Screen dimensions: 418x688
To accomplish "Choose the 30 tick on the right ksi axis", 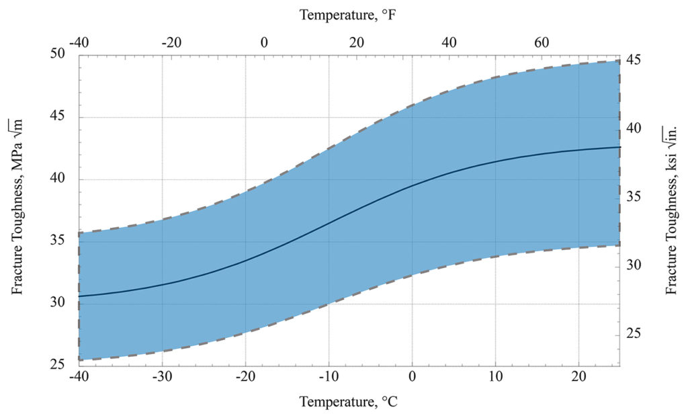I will tap(634, 265).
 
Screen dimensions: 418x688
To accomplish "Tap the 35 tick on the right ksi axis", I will tap(634, 197).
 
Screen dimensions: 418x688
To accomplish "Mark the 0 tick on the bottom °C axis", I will tap(412, 377).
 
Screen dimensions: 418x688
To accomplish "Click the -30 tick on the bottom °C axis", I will tap(163, 377).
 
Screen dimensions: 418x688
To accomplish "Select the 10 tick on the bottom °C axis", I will tap(495, 377).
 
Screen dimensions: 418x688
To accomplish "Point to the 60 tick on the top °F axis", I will tap(542, 42).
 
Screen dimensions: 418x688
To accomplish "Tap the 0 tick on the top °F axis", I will tap(265, 42).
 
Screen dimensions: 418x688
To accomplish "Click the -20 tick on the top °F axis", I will tap(172, 42).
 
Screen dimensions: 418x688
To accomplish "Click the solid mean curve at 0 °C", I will tap(412, 185).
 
